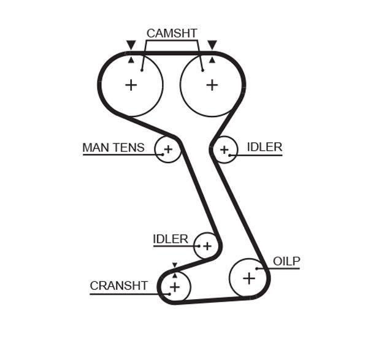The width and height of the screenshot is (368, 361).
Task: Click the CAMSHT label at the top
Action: pos(171,33)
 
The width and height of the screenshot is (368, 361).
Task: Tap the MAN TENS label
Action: pos(113,148)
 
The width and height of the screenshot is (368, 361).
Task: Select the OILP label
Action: pos(286,262)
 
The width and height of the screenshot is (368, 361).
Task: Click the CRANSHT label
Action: pos(118,286)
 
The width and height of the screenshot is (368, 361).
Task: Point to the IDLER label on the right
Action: pos(264,147)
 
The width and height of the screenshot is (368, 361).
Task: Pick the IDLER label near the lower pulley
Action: pos(171,239)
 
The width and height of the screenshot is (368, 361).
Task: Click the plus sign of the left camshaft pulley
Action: pos(131,85)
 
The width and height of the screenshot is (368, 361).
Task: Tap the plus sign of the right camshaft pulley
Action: pos(212,85)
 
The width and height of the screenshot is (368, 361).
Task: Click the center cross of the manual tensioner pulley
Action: pos(167,149)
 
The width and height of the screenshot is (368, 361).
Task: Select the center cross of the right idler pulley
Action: pos(224,149)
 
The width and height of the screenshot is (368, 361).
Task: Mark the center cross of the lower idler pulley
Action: pos(207,246)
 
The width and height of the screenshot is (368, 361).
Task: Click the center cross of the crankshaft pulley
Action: pos(175,286)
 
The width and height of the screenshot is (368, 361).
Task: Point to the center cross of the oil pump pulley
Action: pos(248,278)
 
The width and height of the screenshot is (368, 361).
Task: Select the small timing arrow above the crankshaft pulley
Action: pos(175,265)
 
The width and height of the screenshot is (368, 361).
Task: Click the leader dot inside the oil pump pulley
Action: pos(257,268)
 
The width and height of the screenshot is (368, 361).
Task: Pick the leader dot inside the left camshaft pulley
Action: pos(141,70)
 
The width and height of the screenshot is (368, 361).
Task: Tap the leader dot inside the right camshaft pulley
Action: pos(202,70)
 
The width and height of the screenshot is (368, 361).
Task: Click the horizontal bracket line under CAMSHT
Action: pos(171,41)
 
